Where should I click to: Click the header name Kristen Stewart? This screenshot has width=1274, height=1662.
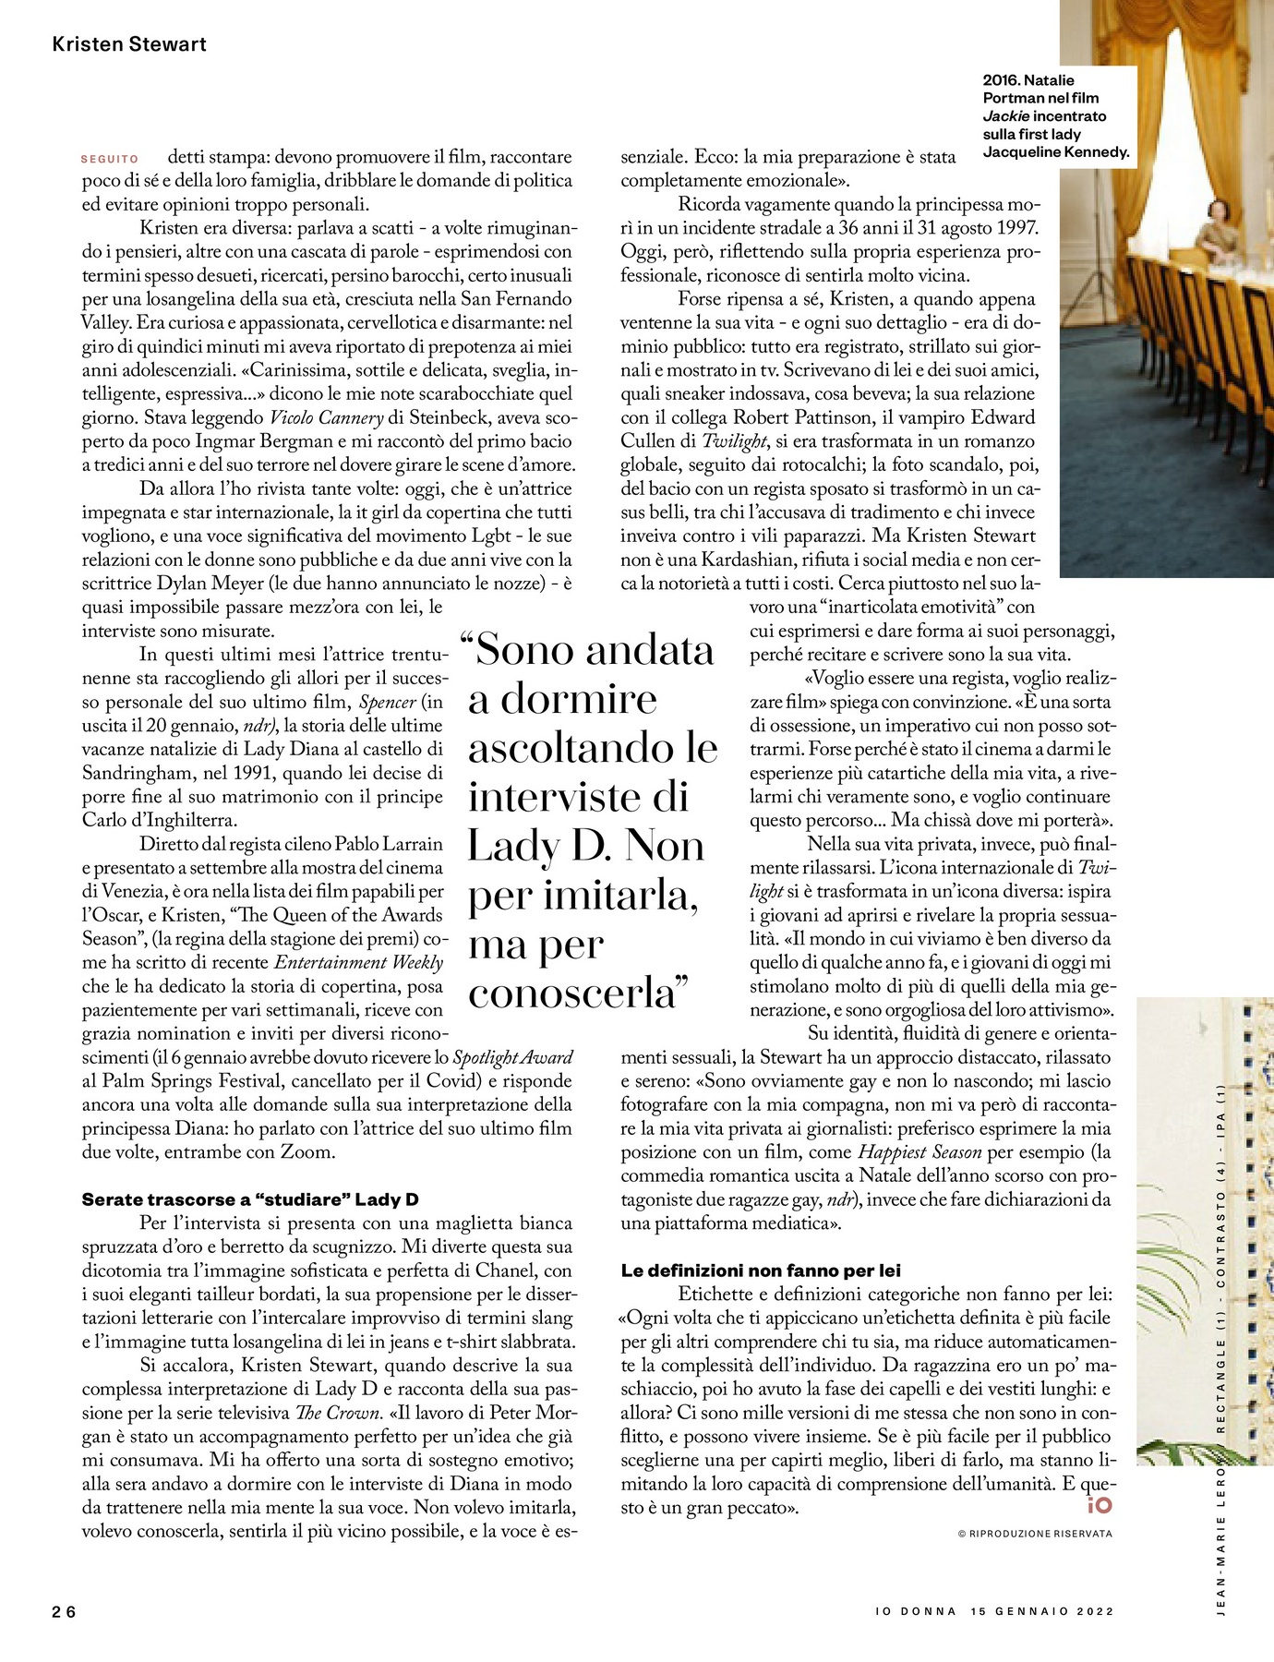point(129,44)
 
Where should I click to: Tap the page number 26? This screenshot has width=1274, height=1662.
point(64,1612)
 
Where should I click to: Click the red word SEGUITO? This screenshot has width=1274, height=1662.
point(110,159)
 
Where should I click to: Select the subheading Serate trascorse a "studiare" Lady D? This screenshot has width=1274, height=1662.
point(250,1199)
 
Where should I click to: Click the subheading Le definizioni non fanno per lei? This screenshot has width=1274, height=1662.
point(761,1271)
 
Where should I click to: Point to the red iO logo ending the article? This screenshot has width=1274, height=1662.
point(1100,1505)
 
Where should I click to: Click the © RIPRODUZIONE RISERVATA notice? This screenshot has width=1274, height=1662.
point(1035,1534)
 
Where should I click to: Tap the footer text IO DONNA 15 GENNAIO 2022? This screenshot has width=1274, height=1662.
point(994,1611)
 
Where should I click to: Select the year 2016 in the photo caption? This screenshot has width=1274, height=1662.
point(1000,80)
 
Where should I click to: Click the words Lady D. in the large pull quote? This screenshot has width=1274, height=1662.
point(535,846)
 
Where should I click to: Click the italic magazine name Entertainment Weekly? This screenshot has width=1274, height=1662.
point(359,962)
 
